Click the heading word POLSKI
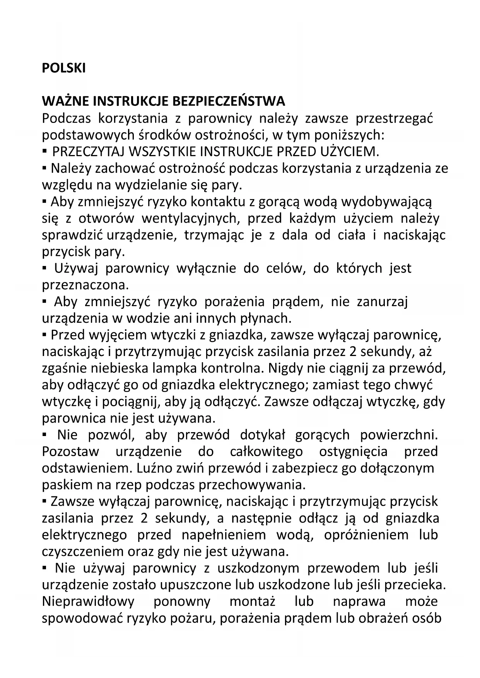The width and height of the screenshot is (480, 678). coord(63,68)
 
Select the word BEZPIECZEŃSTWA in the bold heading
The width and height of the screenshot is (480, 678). coord(228,101)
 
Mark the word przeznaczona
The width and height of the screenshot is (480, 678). coord(85,285)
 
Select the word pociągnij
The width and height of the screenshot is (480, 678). coord(132,402)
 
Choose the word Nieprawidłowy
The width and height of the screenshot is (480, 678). coord(88,601)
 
